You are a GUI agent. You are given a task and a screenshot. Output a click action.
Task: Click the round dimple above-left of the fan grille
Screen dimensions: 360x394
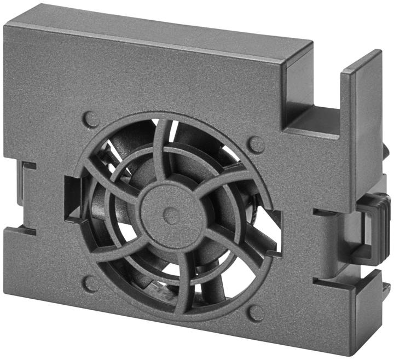(x=91, y=119)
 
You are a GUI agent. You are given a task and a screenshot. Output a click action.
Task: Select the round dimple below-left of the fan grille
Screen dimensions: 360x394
(x=91, y=283)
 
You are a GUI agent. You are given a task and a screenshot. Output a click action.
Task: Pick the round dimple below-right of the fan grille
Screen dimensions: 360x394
(x=255, y=313)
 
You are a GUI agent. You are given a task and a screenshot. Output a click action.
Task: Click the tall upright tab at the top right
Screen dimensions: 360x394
(x=361, y=88)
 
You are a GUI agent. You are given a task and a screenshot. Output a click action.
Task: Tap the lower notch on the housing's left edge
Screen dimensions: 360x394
(x=22, y=230)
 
